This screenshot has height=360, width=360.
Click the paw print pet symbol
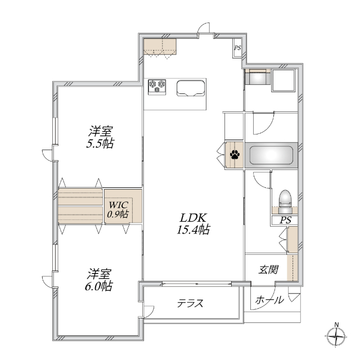(234, 155)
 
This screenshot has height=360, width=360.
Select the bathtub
(271, 155)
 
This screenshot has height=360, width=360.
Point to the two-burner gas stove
(157, 86)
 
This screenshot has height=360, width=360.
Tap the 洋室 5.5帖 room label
(101, 137)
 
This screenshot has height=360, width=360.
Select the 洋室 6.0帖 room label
(100, 280)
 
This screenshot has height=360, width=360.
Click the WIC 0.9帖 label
(118, 209)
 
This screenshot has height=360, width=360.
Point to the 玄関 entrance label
(268, 269)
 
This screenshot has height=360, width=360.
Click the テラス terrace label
(190, 303)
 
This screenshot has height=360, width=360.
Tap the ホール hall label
(269, 300)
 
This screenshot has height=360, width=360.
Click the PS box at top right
(237, 48)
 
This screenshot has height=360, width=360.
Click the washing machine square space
(283, 80)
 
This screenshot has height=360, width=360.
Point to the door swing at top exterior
(204, 29)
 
